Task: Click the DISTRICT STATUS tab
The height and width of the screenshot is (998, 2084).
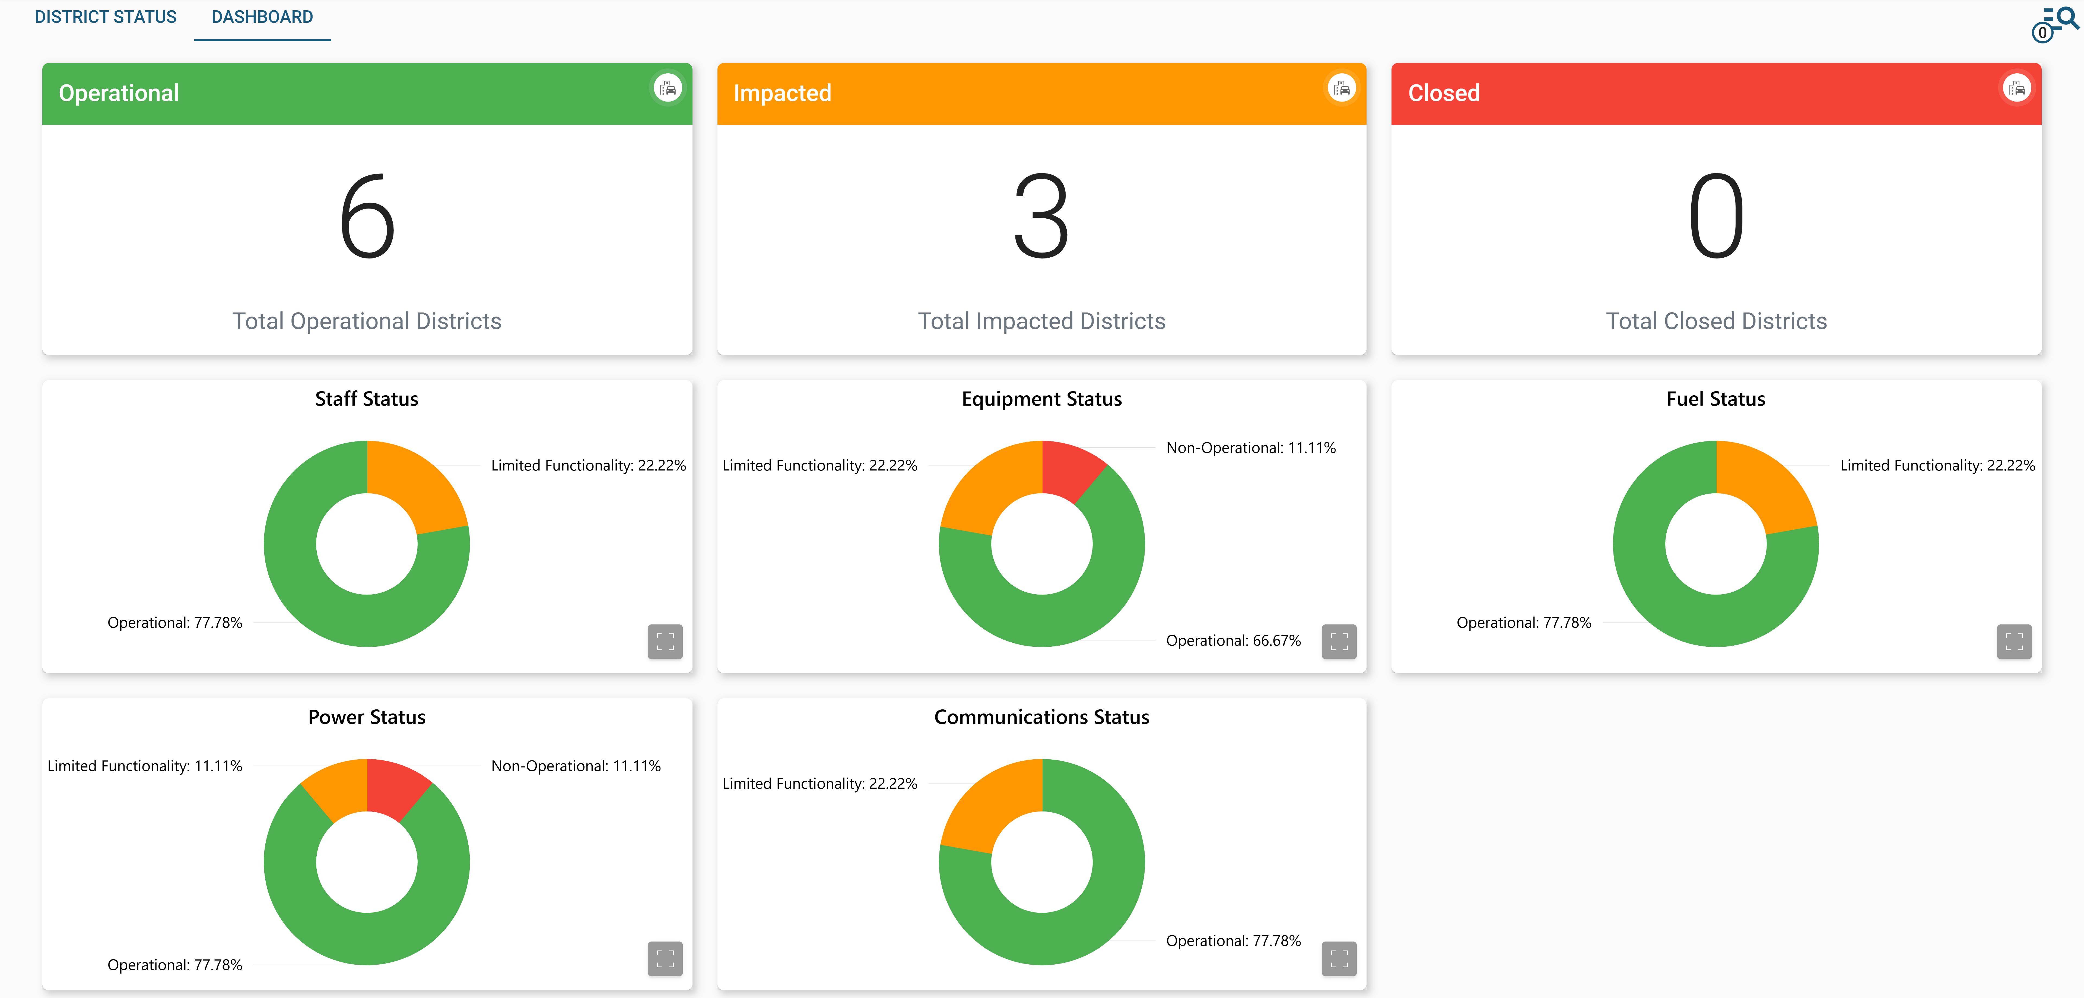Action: pyautogui.click(x=105, y=17)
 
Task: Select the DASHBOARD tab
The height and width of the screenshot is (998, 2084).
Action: pyautogui.click(x=262, y=17)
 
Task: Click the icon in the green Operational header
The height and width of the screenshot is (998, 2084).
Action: pyautogui.click(x=668, y=88)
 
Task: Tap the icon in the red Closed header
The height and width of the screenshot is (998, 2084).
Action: pyautogui.click(x=2016, y=88)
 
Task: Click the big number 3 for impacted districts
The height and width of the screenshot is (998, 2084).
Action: pyautogui.click(x=1041, y=217)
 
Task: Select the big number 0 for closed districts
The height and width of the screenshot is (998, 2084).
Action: pyautogui.click(x=1716, y=217)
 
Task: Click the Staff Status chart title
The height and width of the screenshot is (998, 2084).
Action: pyautogui.click(x=367, y=399)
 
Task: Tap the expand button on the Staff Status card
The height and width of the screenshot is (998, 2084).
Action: pyautogui.click(x=665, y=642)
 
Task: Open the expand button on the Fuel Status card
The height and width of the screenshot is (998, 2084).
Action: pyautogui.click(x=2014, y=642)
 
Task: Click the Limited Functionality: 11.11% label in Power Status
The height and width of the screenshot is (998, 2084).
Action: pyautogui.click(x=145, y=766)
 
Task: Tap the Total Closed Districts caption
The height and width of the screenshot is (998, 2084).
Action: pyautogui.click(x=1716, y=321)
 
